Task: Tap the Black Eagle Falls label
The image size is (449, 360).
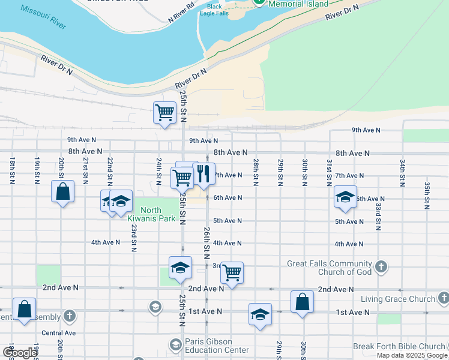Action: (214, 10)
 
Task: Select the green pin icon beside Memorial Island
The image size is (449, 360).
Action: (259, 2)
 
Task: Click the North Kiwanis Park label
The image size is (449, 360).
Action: (158, 214)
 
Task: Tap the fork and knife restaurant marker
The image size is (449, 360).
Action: (203, 174)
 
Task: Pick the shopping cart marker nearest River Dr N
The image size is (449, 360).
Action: (164, 112)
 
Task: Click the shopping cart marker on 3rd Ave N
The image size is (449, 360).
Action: (232, 272)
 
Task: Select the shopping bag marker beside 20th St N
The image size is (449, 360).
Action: (62, 192)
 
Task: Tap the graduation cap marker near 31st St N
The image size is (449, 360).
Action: (345, 198)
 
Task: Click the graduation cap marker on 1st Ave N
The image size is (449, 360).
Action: (260, 314)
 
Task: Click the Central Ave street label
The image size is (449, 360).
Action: (58, 332)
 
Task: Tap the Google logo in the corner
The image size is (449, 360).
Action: (20, 353)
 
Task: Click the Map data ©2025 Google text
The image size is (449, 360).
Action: (411, 355)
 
